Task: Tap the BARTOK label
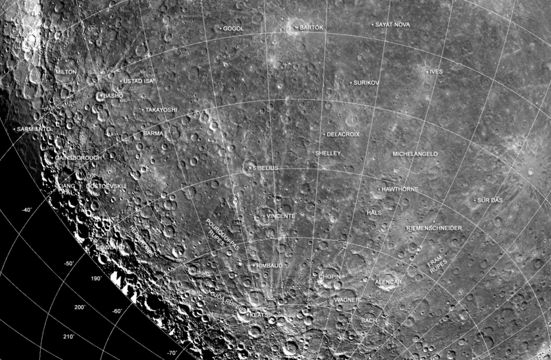[x=312, y=28]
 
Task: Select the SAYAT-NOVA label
[x=393, y=24]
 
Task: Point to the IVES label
[x=435, y=72]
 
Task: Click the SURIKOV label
[x=366, y=82]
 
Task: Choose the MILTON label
[x=66, y=72]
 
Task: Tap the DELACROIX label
[x=343, y=134]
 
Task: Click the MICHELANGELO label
[x=415, y=153]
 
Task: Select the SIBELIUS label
[x=264, y=167]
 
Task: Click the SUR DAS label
[x=491, y=200]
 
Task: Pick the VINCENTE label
[x=280, y=215]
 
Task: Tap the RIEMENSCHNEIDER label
[x=434, y=228]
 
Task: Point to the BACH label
[x=368, y=320]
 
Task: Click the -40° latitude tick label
[x=27, y=209]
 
